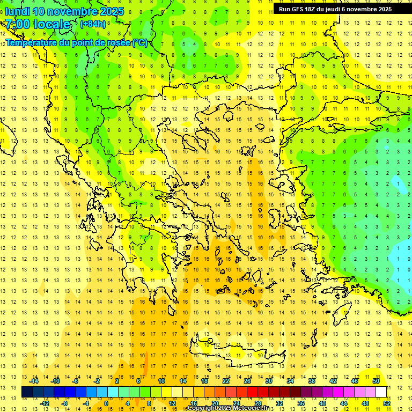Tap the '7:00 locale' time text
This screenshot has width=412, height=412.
(x=38, y=24)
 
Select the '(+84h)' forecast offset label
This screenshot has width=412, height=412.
(x=93, y=24)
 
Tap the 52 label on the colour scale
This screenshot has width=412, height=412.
(x=387, y=403)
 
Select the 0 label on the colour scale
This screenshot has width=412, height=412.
(x=106, y=403)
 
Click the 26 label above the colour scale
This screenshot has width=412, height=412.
(x=247, y=381)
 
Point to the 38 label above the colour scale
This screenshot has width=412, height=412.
(x=312, y=381)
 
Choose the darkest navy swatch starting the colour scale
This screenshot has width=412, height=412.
(x=27, y=392)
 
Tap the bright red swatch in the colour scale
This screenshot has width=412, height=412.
(x=253, y=392)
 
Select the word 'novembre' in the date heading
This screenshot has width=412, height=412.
(x=75, y=11)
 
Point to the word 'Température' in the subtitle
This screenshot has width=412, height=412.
(x=31, y=43)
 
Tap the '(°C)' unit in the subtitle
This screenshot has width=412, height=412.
(x=140, y=43)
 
